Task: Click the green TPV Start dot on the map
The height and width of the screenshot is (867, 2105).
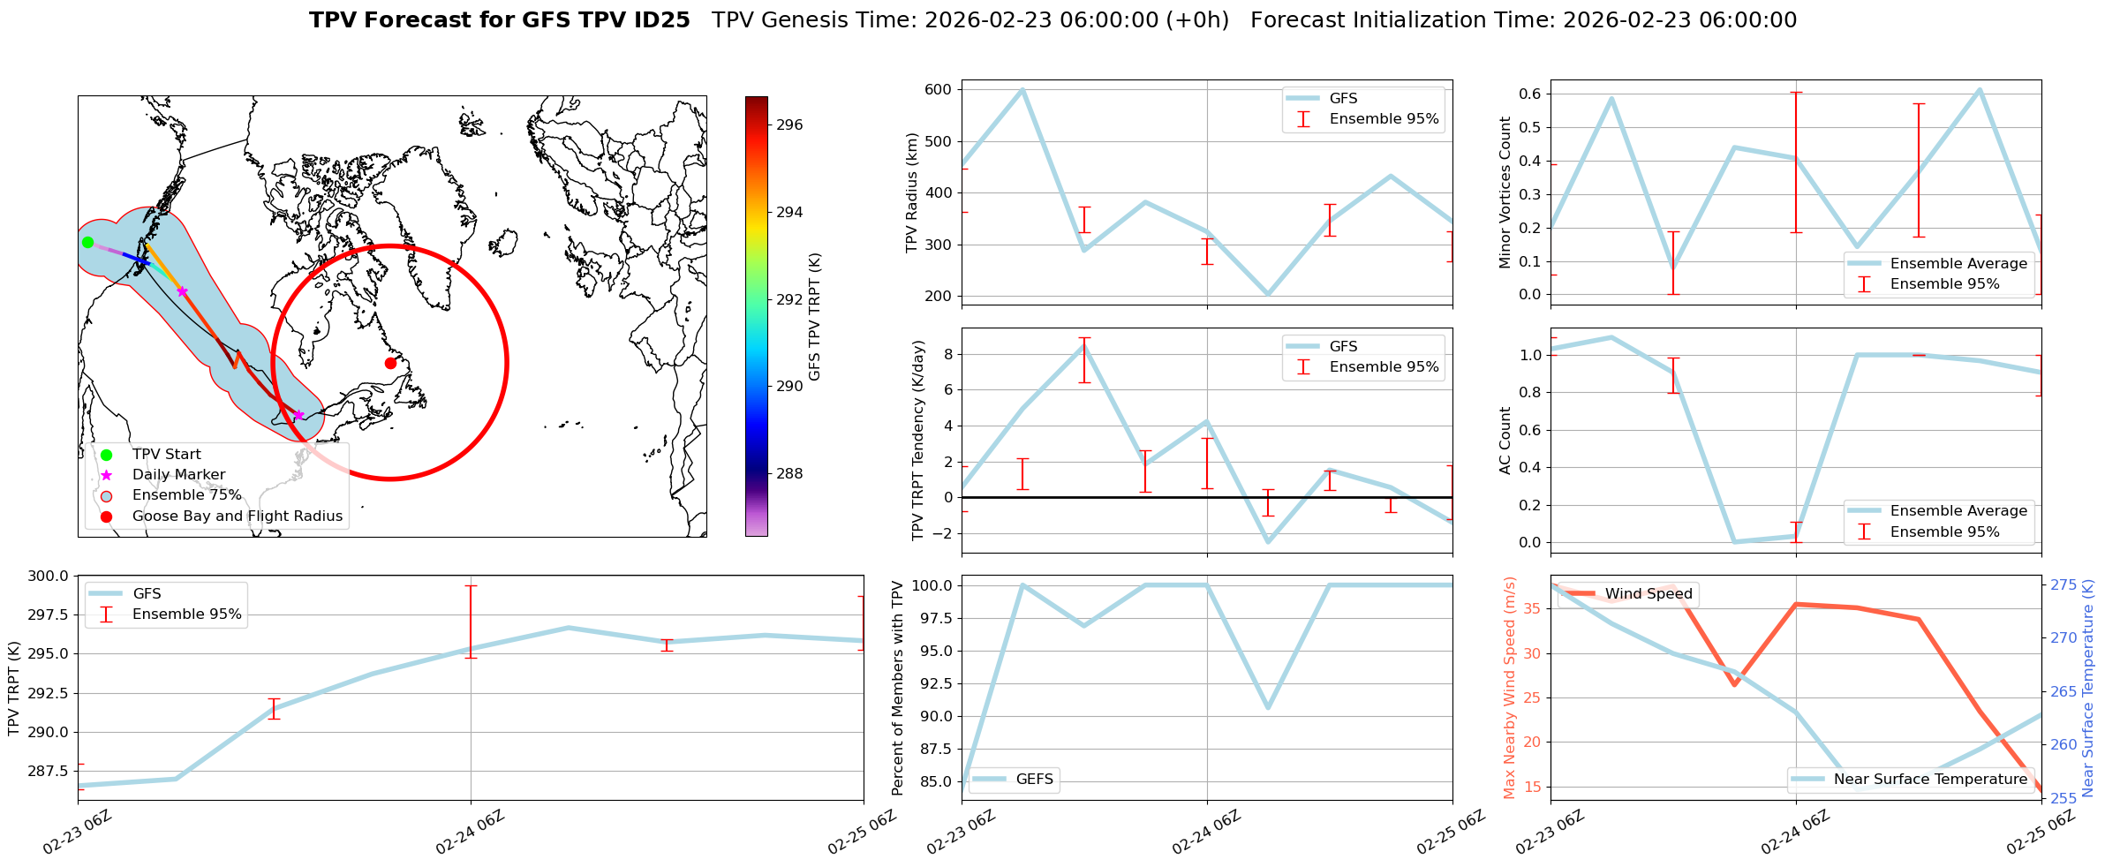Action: coord(87,242)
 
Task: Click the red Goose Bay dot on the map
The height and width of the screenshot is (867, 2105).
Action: coord(390,363)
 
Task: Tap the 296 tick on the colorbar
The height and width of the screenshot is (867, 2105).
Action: coord(789,125)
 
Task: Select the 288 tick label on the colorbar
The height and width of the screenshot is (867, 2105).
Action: coord(789,474)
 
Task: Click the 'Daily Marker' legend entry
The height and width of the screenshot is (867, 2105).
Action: coord(178,475)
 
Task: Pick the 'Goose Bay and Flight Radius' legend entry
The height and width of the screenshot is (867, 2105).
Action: coord(237,516)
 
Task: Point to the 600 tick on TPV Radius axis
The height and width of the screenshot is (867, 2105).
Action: coord(938,89)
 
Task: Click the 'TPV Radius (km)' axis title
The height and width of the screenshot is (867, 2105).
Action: coord(912,192)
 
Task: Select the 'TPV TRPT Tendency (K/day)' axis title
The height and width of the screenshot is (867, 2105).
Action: coord(918,440)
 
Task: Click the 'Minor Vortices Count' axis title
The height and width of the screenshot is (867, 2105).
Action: coord(1505,192)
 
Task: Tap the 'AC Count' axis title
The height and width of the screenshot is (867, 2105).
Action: coord(1505,440)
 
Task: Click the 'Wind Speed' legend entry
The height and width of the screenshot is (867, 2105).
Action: coord(1648,594)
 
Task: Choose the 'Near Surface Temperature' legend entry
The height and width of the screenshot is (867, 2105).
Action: coord(1930,780)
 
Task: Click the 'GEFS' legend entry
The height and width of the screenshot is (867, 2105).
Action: coord(1034,780)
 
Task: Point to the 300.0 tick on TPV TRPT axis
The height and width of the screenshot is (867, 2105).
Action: coord(49,577)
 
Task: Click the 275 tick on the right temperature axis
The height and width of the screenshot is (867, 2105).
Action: coord(2063,585)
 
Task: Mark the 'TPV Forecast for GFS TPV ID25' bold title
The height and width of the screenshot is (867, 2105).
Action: coord(499,20)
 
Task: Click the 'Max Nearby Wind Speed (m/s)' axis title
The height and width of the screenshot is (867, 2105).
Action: coord(1509,688)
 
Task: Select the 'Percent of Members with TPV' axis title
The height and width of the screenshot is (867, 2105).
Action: coord(898,688)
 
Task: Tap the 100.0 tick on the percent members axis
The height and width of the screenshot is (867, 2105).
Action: coord(933,585)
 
